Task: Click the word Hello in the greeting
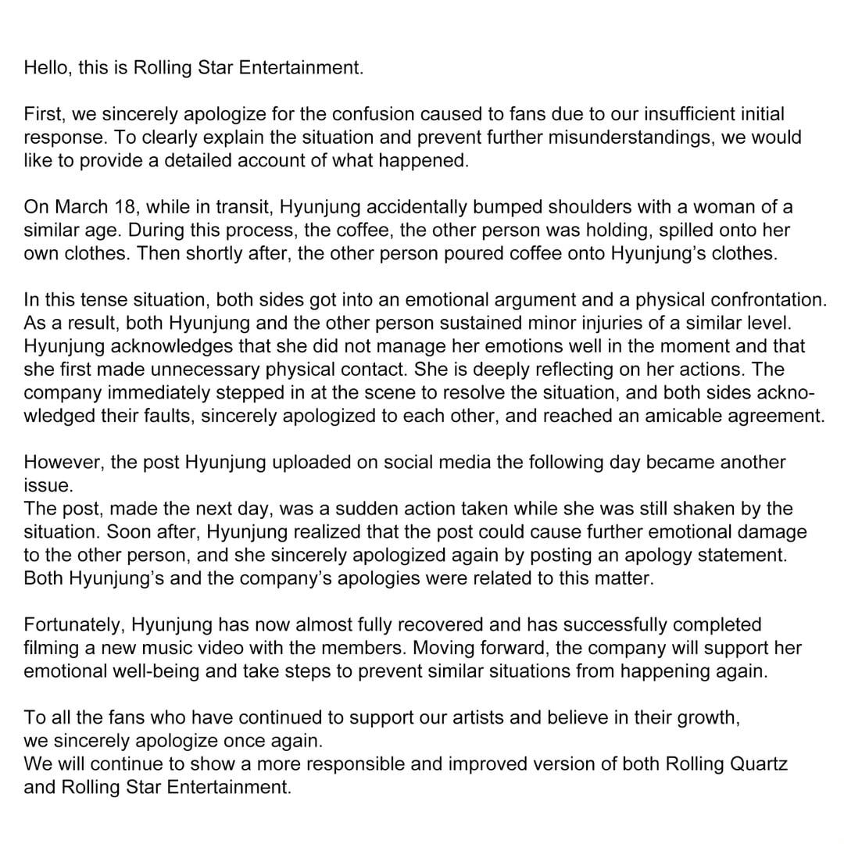point(47,68)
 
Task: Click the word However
point(63,462)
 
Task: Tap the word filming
point(49,649)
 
